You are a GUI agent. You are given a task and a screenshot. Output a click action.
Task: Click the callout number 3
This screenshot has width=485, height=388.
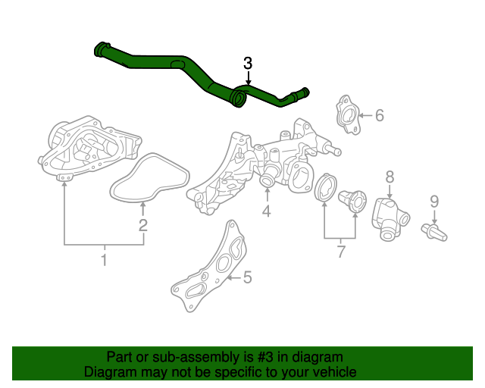(249, 63)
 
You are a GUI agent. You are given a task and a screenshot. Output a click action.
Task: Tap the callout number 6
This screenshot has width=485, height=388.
(380, 115)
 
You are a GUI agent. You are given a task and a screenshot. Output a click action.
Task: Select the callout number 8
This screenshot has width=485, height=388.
(390, 177)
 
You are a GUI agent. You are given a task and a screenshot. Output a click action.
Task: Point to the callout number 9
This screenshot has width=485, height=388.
(434, 201)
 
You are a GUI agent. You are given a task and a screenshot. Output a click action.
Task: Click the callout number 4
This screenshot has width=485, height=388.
(267, 211)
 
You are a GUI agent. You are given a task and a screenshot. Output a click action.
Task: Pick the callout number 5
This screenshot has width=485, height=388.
(246, 278)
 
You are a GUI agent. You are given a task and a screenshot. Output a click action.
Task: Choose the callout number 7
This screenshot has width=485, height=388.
(340, 249)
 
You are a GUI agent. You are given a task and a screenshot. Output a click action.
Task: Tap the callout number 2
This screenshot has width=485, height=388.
(142, 225)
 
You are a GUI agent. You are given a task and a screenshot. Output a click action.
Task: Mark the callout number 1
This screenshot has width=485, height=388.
(104, 261)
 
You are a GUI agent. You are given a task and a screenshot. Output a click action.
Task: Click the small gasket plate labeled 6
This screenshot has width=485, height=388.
(346, 114)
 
